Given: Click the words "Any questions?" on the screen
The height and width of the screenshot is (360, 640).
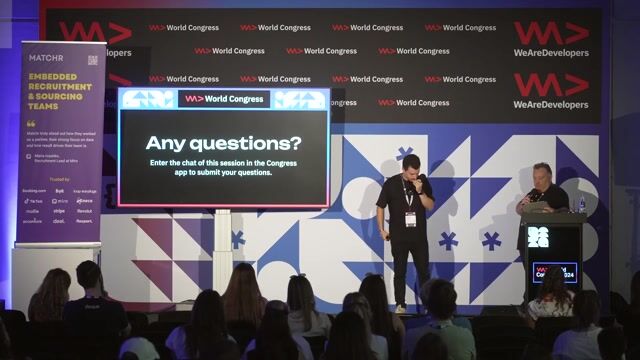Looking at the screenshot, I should point(223,143).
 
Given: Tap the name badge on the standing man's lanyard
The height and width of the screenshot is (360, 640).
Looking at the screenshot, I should point(410,217).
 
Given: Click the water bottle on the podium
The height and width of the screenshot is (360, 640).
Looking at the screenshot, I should point(581,203).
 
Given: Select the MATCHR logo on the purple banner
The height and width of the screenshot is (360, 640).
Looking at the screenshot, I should point(47,60).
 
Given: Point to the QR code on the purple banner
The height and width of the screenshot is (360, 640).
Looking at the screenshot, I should point(92,60).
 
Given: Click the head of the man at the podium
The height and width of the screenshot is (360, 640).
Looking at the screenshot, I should point(541,174).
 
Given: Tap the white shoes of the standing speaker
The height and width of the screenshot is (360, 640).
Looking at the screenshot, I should point(401,308).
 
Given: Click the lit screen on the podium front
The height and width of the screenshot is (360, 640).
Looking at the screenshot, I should point(553,271).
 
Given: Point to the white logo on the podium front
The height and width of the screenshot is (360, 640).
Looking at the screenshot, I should point(538,237).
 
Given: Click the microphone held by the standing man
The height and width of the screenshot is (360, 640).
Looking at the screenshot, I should point(421,179).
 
